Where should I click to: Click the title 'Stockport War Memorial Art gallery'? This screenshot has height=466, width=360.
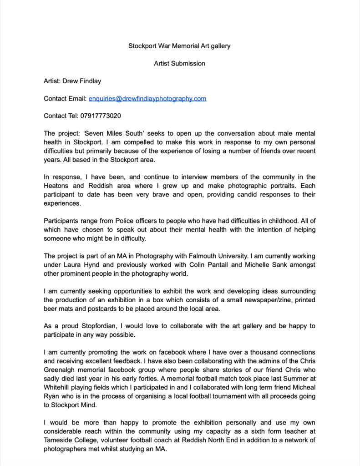click(x=179, y=46)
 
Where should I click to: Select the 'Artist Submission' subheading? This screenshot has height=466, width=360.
click(x=179, y=64)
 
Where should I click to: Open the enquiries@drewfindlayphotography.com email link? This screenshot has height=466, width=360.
click(x=147, y=98)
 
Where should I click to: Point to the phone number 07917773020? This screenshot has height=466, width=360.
click(x=101, y=116)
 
